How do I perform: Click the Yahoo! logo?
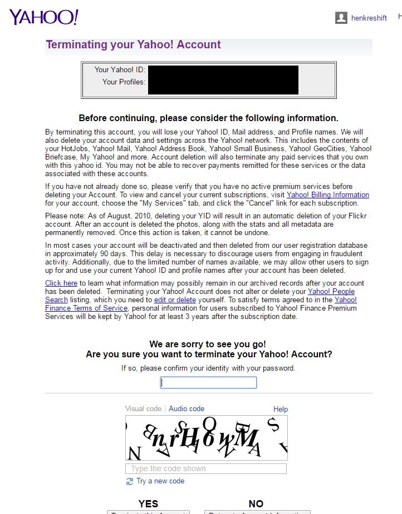pyautogui.click(x=43, y=17)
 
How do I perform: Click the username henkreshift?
pyautogui.click(x=369, y=18)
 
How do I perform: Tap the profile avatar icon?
pyautogui.click(x=341, y=18)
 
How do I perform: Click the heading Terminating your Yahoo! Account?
pyautogui.click(x=133, y=45)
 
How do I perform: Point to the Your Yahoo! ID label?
pyautogui.click(x=119, y=69)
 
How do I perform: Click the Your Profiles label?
pyautogui.click(x=124, y=82)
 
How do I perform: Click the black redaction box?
pyautogui.click(x=223, y=79)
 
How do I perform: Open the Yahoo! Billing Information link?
pyautogui.click(x=327, y=195)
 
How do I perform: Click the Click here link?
pyautogui.click(x=61, y=283)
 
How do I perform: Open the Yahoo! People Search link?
pyautogui.click(x=331, y=291)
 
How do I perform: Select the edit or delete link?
pyautogui.click(x=175, y=300)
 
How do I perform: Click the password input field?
pyautogui.click(x=208, y=382)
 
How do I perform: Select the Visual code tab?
pyautogui.click(x=143, y=408)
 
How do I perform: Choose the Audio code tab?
pyautogui.click(x=187, y=408)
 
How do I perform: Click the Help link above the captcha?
pyautogui.click(x=281, y=409)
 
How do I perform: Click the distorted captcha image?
pyautogui.click(x=207, y=438)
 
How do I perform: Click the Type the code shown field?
pyautogui.click(x=206, y=468)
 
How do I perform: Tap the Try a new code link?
pyautogui.click(x=160, y=481)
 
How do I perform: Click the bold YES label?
pyautogui.click(x=148, y=503)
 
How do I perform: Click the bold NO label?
pyautogui.click(x=256, y=503)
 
